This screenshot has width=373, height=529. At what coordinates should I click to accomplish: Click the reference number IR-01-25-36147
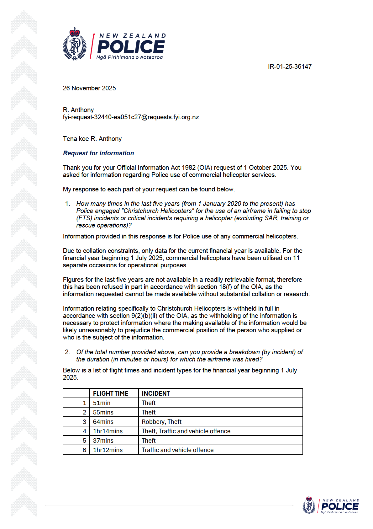[x=290, y=67]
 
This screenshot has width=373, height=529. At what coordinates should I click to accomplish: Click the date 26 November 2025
[x=89, y=88]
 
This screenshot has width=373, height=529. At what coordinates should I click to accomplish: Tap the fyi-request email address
[x=131, y=117]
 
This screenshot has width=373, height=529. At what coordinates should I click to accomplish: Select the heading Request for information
[x=98, y=153]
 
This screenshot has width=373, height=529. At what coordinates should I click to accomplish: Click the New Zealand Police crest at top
[x=75, y=44]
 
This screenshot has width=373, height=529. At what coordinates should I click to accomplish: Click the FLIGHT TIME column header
[x=111, y=393]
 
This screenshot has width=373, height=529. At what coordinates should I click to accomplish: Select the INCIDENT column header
[x=156, y=393]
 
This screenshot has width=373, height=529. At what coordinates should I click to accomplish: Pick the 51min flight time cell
[x=102, y=403]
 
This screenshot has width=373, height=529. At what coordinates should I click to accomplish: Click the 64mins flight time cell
[x=103, y=422]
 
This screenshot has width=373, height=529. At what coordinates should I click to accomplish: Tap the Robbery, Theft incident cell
[x=162, y=422]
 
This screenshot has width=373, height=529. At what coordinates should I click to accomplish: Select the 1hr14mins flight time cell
[x=108, y=431]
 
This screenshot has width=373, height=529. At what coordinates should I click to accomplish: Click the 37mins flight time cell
[x=103, y=441]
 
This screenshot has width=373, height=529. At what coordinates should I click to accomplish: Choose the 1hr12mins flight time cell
[x=108, y=450]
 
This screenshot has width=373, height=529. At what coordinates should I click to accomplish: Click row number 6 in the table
[x=84, y=450]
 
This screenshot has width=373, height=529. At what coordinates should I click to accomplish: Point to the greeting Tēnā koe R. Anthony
[x=92, y=139]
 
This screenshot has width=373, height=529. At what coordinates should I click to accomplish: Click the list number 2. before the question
[x=67, y=352]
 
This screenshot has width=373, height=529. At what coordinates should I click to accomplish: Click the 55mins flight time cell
[x=103, y=412]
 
